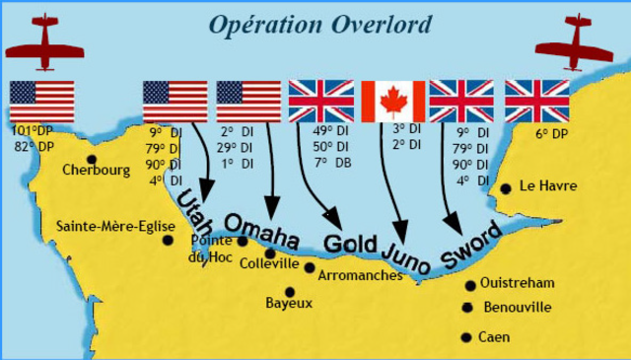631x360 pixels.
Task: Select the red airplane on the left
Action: click(42, 43)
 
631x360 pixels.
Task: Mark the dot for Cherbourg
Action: click(92, 159)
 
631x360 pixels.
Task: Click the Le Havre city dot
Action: click(506, 187)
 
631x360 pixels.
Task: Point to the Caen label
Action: click(494, 337)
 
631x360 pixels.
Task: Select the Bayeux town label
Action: click(289, 304)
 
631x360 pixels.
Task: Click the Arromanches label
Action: click(361, 275)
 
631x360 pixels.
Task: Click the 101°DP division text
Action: click(35, 130)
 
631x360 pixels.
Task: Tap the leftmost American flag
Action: click(41, 101)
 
